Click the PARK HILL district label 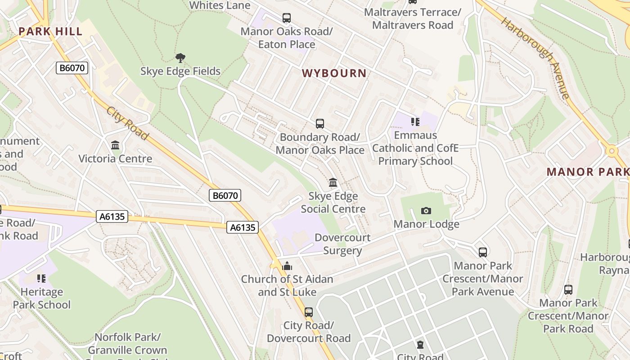pyautogui.click(x=50, y=31)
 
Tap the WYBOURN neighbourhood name pyautogui.click(x=334, y=73)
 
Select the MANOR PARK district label pyautogui.click(x=588, y=172)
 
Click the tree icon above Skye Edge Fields pyautogui.click(x=180, y=58)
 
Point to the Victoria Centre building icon pyautogui.click(x=115, y=145)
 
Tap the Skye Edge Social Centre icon pyautogui.click(x=333, y=183)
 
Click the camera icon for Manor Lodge pyautogui.click(x=426, y=211)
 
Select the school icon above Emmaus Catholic pyautogui.click(x=415, y=122)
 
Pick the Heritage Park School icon pyautogui.click(x=41, y=279)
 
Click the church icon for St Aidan pyautogui.click(x=287, y=266)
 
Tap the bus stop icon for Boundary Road pyautogui.click(x=320, y=124)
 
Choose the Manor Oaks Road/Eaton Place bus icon pyautogui.click(x=287, y=18)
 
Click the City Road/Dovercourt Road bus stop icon pyautogui.click(x=308, y=312)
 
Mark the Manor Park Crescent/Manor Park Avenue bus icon pyautogui.click(x=483, y=252)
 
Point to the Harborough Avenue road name pyautogui.click(x=535, y=58)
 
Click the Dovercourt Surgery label pyautogui.click(x=342, y=244)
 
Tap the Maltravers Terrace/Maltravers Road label pyautogui.click(x=412, y=18)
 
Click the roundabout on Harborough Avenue pyautogui.click(x=612, y=151)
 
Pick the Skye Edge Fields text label pyautogui.click(x=180, y=71)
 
